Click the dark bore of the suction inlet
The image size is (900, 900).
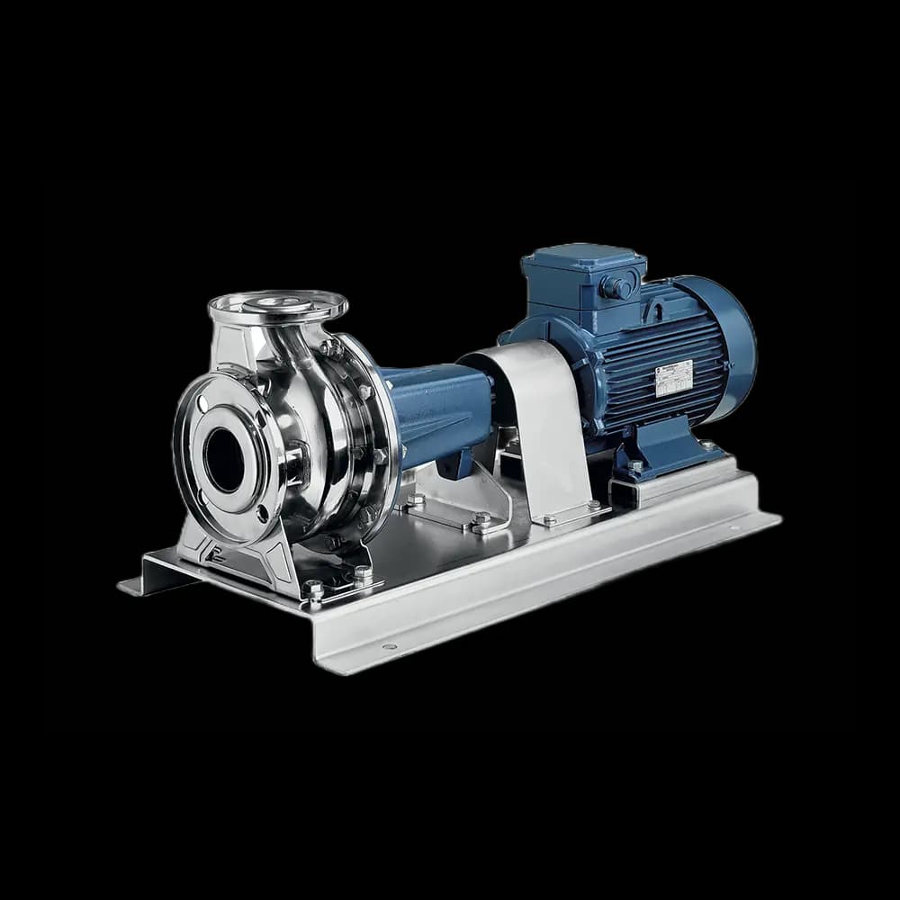[223, 460]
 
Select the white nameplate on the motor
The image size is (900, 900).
[673, 378]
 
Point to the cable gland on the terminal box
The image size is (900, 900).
[617, 287]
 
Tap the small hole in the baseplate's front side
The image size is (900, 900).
[389, 646]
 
